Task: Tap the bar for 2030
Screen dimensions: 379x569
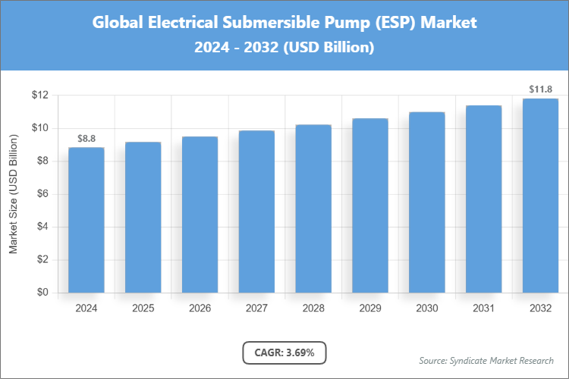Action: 426,202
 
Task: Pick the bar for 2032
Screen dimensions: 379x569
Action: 540,196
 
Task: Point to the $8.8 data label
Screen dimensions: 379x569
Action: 86,139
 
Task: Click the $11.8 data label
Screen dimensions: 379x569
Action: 540,89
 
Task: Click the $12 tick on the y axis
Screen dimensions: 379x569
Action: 40,95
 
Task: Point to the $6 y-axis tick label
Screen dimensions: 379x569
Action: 42,194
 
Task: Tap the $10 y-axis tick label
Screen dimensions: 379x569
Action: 40,128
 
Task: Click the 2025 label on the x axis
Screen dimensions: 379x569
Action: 143,309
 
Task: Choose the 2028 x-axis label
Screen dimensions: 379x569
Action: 313,309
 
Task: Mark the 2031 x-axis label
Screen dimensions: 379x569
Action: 483,309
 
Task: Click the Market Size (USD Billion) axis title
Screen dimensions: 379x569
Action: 13,194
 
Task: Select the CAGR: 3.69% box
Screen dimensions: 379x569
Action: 284,352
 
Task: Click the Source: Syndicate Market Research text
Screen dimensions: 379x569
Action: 486,360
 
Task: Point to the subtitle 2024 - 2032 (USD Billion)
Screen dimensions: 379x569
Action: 284,47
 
